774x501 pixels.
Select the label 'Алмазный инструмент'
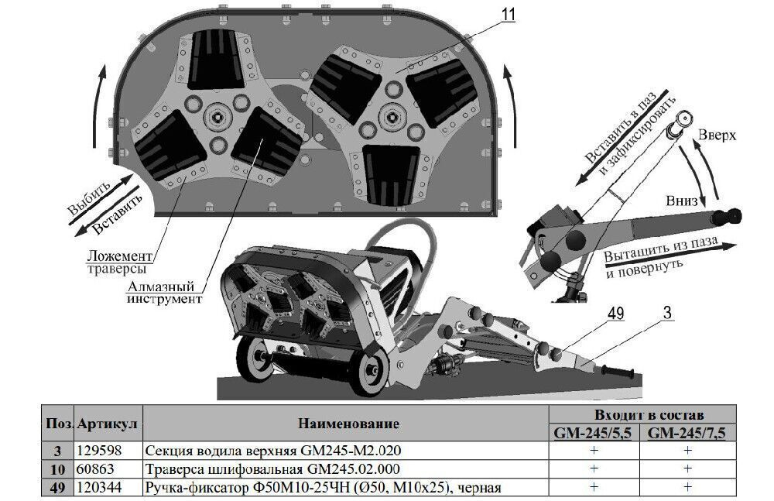[x=165, y=292]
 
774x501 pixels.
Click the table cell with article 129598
[x=95, y=451]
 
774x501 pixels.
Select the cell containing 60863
[x=91, y=468]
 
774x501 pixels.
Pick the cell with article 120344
[x=95, y=487]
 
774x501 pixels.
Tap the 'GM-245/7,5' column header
[x=686, y=433]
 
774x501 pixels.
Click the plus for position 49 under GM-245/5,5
[x=594, y=487]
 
